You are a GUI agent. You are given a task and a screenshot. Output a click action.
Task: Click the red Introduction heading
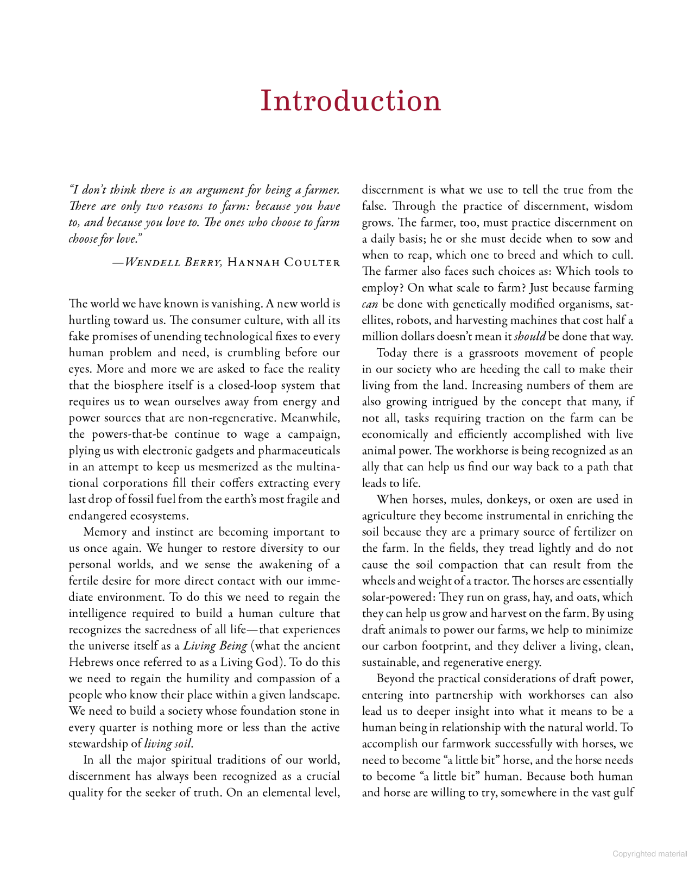pyautogui.click(x=350, y=101)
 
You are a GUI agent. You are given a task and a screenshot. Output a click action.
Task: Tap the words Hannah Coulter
pyautogui.click(x=283, y=263)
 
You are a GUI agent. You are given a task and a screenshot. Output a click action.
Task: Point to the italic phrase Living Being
pyautogui.click(x=215, y=646)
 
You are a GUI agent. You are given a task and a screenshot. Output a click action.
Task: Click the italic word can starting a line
pyautogui.click(x=370, y=304)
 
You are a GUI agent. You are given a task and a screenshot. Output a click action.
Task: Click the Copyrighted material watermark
pyautogui.click(x=649, y=854)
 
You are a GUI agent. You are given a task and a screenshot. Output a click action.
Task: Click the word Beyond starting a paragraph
pyautogui.click(x=396, y=679)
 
